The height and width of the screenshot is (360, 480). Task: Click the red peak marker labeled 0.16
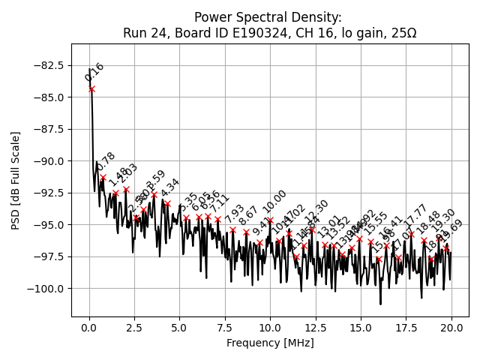[x=91, y=88]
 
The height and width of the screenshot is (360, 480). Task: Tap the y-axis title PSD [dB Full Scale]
[x=16, y=180]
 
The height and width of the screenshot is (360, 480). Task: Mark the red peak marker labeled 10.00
[x=270, y=220]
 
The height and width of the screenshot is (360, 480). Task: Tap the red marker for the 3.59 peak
[x=154, y=195]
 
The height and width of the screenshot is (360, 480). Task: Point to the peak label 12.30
[x=316, y=212]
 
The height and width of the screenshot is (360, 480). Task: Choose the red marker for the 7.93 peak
[x=232, y=229]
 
